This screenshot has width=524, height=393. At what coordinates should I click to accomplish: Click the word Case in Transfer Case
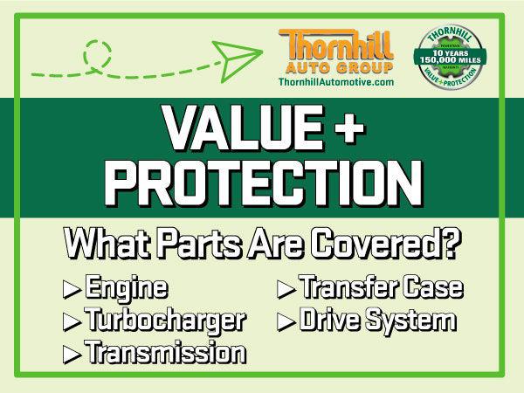(432, 289)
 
